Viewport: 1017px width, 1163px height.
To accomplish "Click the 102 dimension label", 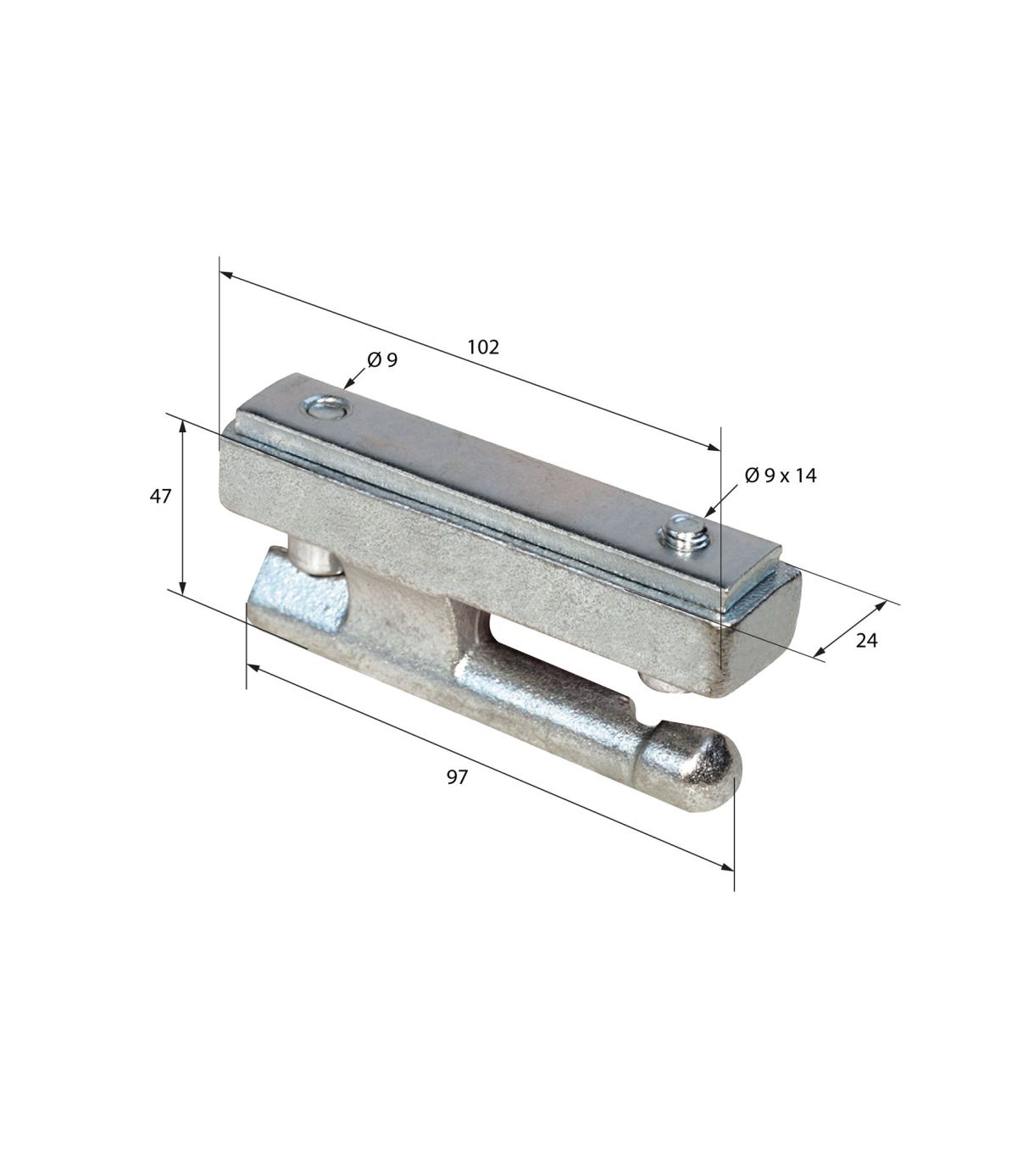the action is pos(483,347).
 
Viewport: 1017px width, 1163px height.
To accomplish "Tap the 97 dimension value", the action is pos(457,777).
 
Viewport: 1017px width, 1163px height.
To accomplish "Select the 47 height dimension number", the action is pos(160,496).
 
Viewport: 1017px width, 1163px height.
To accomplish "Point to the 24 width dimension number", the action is pos(866,641).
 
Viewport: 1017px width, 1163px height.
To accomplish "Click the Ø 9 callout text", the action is pos(382,359).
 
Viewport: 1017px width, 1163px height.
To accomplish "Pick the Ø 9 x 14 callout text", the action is pos(781,476).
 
